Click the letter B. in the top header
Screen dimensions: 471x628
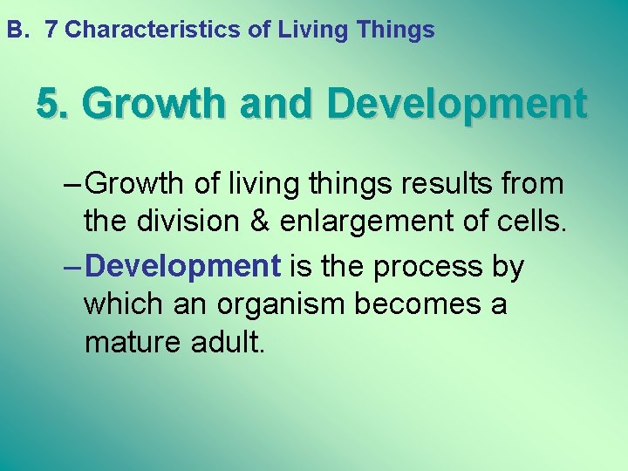click(17, 31)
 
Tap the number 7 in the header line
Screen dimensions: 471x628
click(51, 31)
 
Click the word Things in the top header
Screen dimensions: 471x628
click(396, 31)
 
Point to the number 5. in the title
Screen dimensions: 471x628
click(54, 105)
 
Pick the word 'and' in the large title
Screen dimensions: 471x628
click(276, 105)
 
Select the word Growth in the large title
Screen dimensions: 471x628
click(154, 105)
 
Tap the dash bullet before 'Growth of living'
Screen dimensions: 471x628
click(73, 184)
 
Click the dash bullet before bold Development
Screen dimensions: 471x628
click(73, 266)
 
